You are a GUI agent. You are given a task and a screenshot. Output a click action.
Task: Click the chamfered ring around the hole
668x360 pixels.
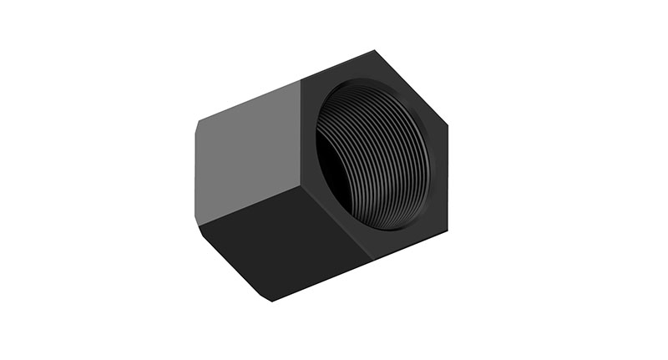pyautogui.click(x=417, y=109)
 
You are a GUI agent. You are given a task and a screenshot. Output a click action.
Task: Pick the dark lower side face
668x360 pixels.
pyautogui.click(x=284, y=242)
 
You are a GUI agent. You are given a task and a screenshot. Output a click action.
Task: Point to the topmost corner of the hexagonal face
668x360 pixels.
pyautogui.click(x=372, y=52)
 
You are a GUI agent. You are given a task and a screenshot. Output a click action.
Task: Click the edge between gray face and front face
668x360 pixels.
pyautogui.click(x=301, y=134)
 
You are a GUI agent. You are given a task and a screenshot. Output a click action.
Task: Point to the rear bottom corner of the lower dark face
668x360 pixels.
pyautogui.click(x=269, y=300)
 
